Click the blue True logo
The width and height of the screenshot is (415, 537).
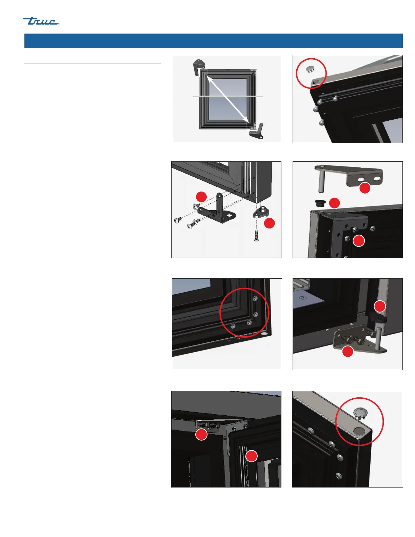pos(41,21)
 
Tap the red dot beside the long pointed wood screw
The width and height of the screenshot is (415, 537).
pos(270,223)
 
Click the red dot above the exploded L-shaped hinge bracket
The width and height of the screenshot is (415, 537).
pos(201,197)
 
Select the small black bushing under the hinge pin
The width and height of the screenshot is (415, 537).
pos(320,203)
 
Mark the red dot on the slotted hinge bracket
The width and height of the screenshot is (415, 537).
pos(364,188)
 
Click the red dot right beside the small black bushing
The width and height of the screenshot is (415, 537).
pos(334,203)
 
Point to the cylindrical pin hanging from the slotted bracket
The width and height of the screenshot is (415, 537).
pos(321,182)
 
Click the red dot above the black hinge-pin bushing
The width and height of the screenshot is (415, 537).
pos(380,306)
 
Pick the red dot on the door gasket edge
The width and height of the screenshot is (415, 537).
pos(251,456)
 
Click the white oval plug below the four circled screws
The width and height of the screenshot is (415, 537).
pos(264,334)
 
